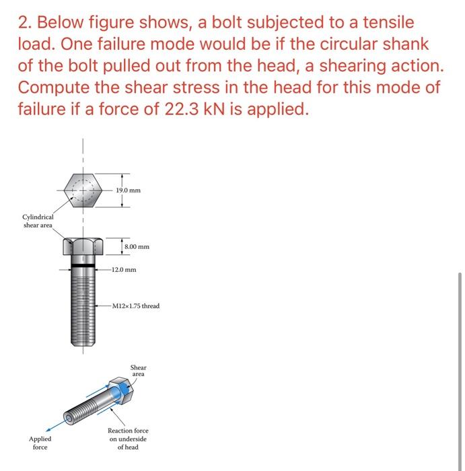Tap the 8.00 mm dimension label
(x=137, y=247)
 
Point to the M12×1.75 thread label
(x=137, y=306)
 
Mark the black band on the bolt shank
(x=83, y=267)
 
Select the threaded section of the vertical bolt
(x=83, y=310)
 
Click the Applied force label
(x=40, y=443)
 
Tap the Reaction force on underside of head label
(x=128, y=439)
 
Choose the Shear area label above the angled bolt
(x=138, y=371)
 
